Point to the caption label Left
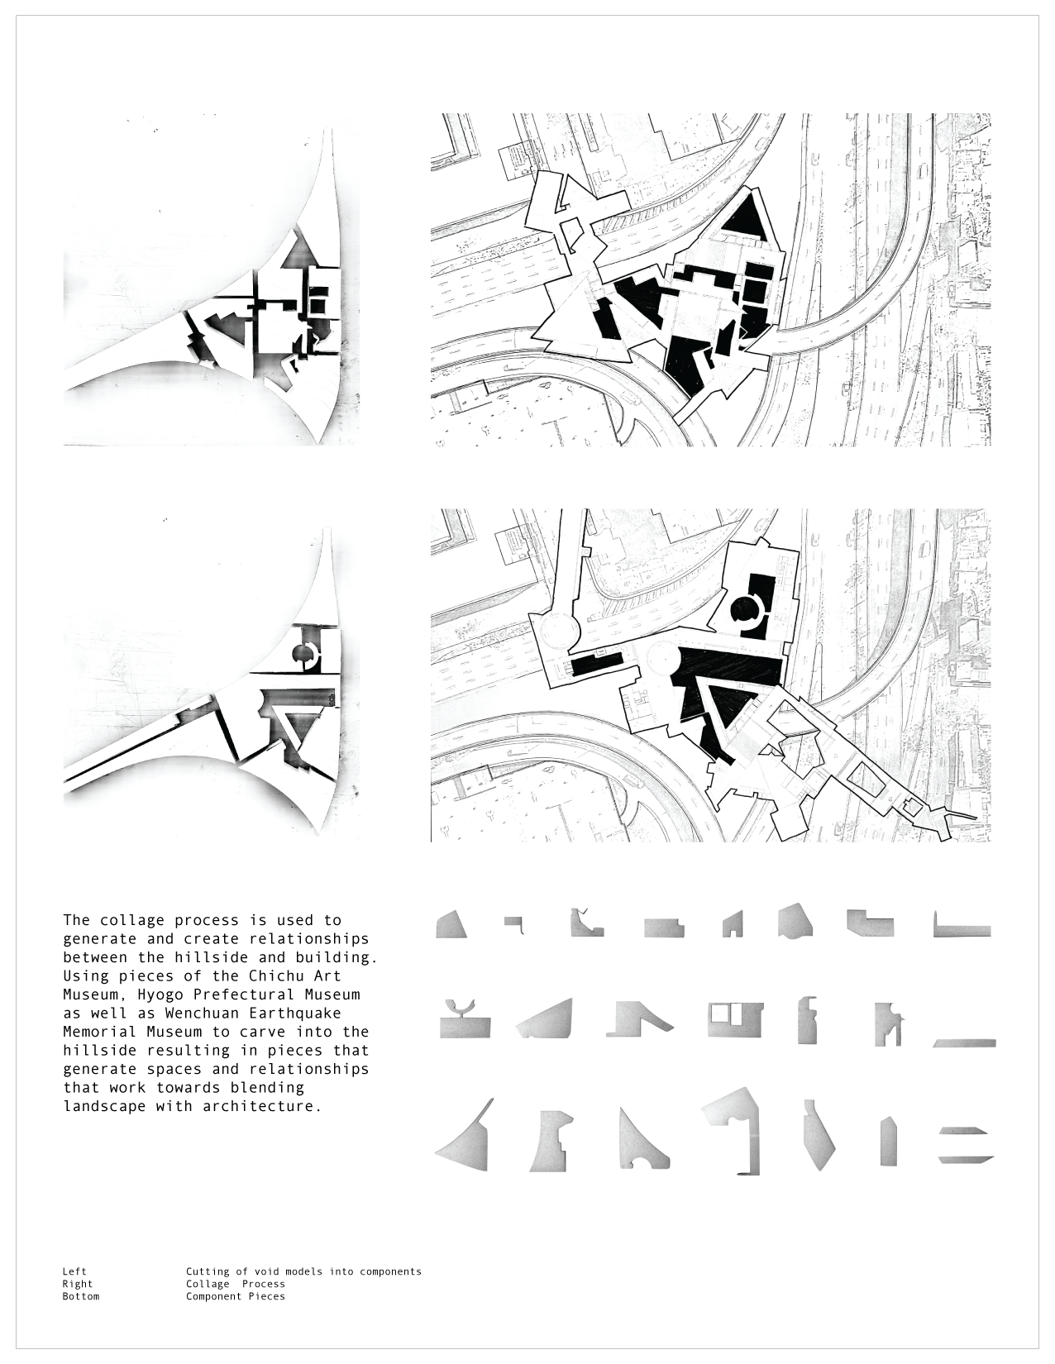click(x=74, y=1271)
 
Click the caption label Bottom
click(x=80, y=1296)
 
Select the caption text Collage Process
click(x=235, y=1284)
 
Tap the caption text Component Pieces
click(x=235, y=1296)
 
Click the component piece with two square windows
click(x=735, y=1020)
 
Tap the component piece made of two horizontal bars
click(x=965, y=1145)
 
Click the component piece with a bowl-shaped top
click(x=465, y=1020)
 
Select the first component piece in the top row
click(x=451, y=925)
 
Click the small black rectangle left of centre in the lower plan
click(x=596, y=664)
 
